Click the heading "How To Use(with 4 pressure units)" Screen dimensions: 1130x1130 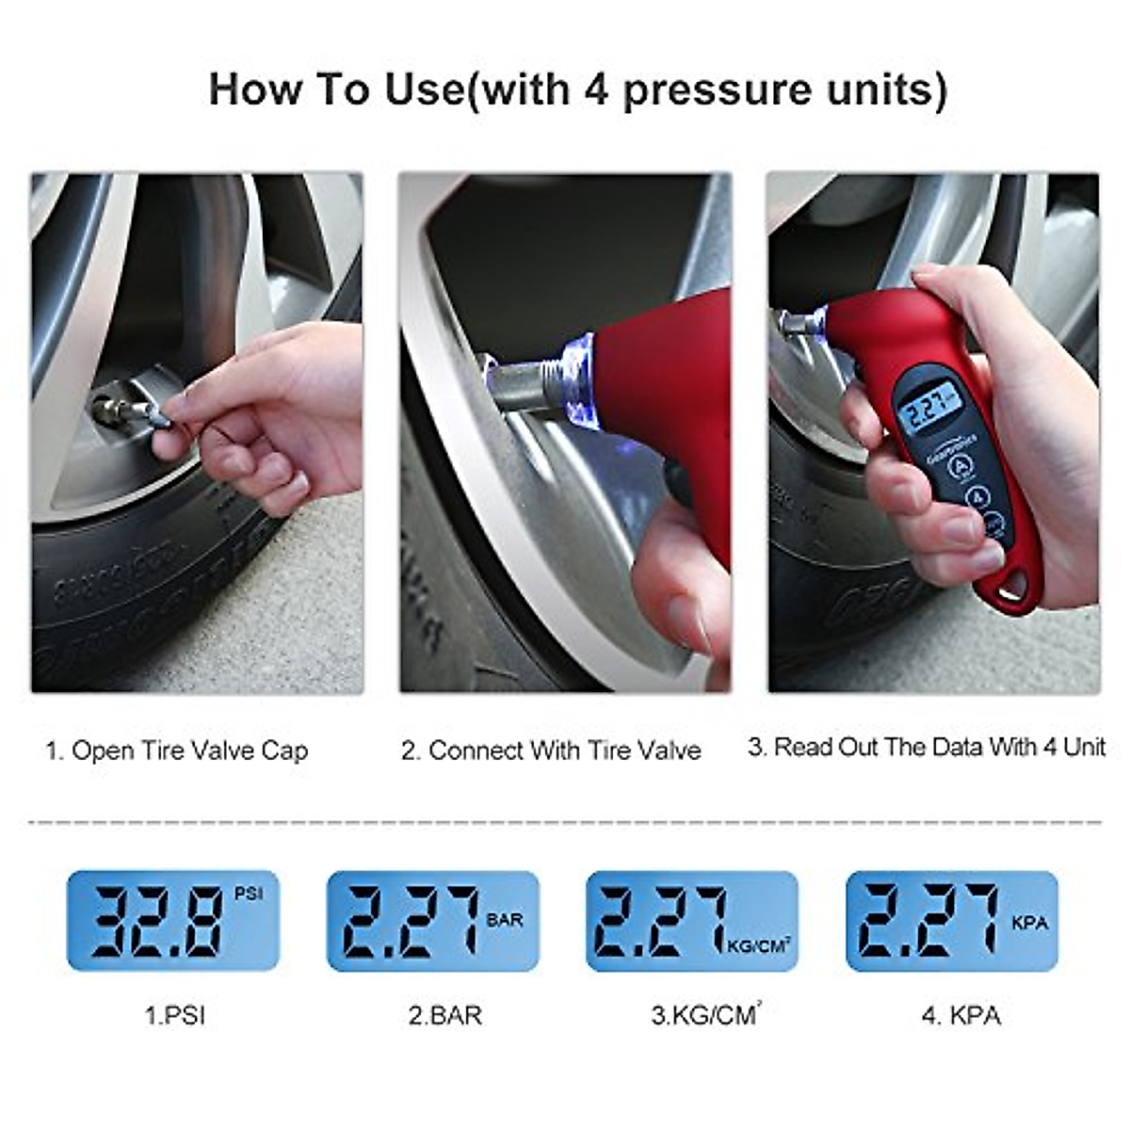(x=577, y=89)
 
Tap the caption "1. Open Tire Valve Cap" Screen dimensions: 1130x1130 (x=177, y=751)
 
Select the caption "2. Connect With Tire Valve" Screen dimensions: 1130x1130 (x=551, y=751)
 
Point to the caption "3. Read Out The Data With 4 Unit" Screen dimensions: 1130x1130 (x=927, y=747)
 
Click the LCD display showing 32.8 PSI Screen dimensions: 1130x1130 (x=173, y=921)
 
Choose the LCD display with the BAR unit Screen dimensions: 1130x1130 (x=433, y=921)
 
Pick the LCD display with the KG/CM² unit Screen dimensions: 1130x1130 (x=692, y=921)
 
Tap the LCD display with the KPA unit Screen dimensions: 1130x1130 (x=952, y=921)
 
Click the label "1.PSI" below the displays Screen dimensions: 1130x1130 (x=174, y=1015)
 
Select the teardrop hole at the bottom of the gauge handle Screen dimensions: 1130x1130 (x=1012, y=586)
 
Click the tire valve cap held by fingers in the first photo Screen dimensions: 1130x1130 (x=155, y=412)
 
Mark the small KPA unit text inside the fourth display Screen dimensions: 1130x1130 (x=1028, y=923)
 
